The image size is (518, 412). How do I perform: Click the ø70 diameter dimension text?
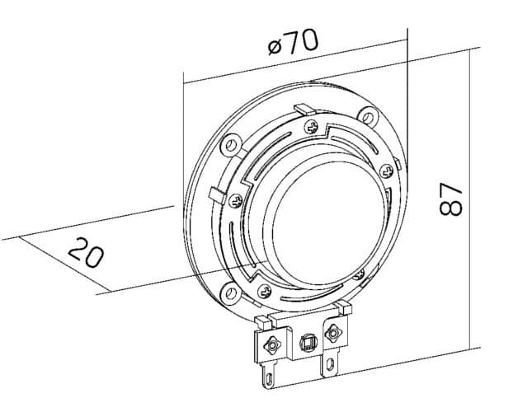tap(294, 41)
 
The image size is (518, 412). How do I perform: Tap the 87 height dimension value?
tap(450, 199)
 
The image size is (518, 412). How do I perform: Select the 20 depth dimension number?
tap(85, 252)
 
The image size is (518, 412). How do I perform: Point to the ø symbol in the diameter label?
tap(275, 46)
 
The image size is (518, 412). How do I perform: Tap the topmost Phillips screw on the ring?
tap(311, 127)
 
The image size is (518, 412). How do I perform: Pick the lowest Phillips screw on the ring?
tap(264, 289)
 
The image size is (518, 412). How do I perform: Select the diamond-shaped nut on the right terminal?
tap(332, 333)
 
